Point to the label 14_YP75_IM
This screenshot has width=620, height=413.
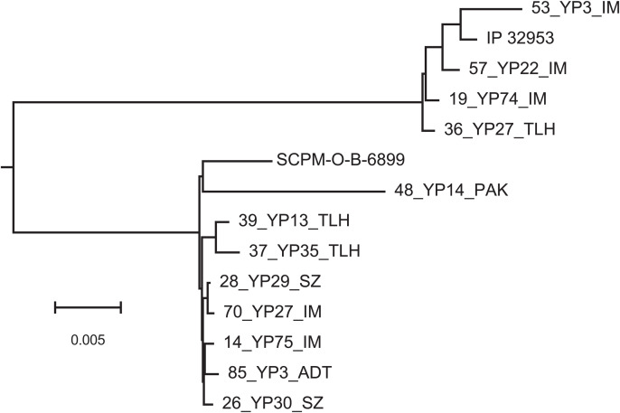point(271,343)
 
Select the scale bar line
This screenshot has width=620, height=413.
point(88,308)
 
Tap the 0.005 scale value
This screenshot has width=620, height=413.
point(88,340)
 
